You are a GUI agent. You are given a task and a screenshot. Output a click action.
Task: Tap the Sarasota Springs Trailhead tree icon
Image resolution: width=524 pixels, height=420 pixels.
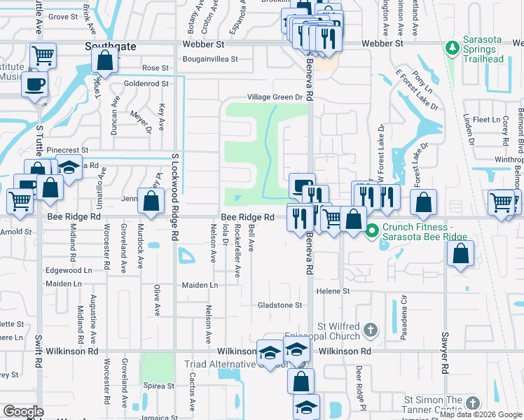(x=453, y=47)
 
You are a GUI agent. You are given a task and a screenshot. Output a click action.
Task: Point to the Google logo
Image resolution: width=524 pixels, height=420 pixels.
(x=23, y=412)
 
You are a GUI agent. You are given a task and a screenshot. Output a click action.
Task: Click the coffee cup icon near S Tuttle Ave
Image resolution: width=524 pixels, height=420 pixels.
(x=33, y=85)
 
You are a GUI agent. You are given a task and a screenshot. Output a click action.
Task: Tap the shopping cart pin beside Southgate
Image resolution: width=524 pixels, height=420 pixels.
(x=43, y=55)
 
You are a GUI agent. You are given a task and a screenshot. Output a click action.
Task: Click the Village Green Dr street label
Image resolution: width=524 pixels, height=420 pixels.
(x=274, y=97)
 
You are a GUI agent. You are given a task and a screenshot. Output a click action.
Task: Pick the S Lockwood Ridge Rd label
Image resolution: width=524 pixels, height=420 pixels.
(x=175, y=189)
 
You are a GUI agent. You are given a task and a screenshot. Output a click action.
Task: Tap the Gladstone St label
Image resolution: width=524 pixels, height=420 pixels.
(x=280, y=305)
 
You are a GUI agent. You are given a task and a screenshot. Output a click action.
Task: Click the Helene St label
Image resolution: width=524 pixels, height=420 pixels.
(x=332, y=290)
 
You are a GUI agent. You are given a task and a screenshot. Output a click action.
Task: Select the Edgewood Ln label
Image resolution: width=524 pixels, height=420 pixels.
(x=69, y=270)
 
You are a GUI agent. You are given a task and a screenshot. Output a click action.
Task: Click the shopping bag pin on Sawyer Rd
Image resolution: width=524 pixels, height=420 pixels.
(x=460, y=255)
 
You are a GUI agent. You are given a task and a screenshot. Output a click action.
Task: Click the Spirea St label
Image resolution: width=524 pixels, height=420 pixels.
(x=158, y=386)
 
